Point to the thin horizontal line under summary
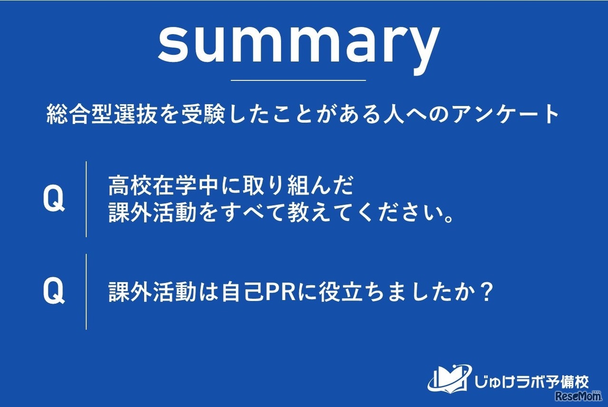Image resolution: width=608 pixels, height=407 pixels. (298, 80)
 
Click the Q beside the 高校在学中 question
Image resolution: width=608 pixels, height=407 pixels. (53, 199)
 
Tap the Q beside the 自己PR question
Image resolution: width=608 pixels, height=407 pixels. (53, 291)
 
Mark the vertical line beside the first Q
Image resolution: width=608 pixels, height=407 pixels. (86, 199)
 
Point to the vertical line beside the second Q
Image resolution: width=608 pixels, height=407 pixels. (86, 291)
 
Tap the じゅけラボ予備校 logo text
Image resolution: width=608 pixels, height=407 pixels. (531, 381)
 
